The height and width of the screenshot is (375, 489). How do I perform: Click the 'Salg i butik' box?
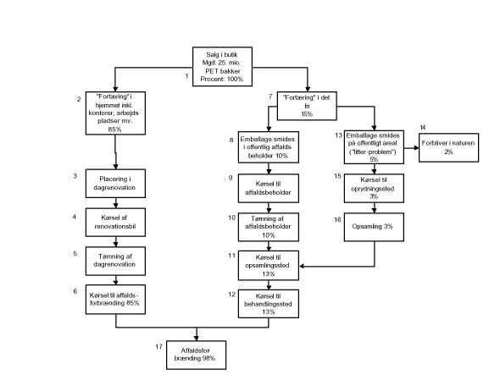tap(222, 67)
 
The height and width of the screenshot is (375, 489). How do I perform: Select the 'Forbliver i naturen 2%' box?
tap(448, 147)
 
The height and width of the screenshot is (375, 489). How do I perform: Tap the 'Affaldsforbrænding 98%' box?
tap(196, 355)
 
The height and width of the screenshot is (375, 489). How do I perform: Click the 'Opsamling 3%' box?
tap(374, 227)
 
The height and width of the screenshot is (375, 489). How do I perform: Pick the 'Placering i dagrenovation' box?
tap(115, 184)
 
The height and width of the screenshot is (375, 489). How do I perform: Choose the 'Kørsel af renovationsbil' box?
tap(115, 223)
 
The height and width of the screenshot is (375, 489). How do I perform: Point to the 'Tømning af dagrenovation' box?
tap(115, 261)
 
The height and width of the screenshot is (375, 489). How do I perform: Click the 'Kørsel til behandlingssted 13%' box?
tap(269, 304)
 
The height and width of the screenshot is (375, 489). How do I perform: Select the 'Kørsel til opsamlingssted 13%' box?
tap(269, 265)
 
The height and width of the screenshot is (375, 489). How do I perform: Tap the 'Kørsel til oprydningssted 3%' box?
tap(374, 188)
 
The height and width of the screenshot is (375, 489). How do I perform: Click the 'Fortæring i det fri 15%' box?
tap(307, 106)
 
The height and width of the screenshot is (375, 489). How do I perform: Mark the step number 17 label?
tap(158, 347)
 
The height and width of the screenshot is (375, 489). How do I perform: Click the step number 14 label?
tap(423, 127)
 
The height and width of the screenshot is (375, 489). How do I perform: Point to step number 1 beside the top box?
tap(186, 76)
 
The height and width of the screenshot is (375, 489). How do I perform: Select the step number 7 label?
tap(270, 97)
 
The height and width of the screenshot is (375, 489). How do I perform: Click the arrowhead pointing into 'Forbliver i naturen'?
tap(416, 148)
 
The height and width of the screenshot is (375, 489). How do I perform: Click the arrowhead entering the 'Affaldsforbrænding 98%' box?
tap(196, 338)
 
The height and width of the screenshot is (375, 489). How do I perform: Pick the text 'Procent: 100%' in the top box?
tap(222, 79)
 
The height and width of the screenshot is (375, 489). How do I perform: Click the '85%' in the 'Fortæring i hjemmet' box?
tap(114, 130)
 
